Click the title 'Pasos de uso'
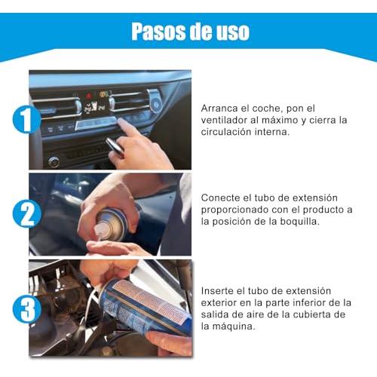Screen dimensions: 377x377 tap(191, 32)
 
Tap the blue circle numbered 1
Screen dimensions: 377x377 tap(27, 119)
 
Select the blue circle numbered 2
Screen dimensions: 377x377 tap(27, 214)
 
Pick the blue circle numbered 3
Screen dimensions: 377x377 tap(27, 309)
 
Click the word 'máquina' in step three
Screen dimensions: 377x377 tap(234, 326)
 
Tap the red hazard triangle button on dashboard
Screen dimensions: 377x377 tap(89, 96)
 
